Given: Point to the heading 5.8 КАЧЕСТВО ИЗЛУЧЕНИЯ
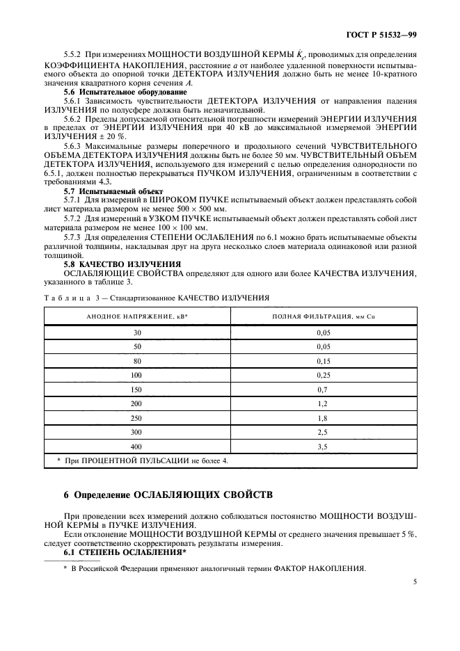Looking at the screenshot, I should click(122, 264).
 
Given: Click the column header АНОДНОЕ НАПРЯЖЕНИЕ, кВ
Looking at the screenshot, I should click(137, 316).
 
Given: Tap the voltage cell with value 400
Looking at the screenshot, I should click(137, 447).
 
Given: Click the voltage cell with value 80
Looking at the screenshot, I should click(137, 360).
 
